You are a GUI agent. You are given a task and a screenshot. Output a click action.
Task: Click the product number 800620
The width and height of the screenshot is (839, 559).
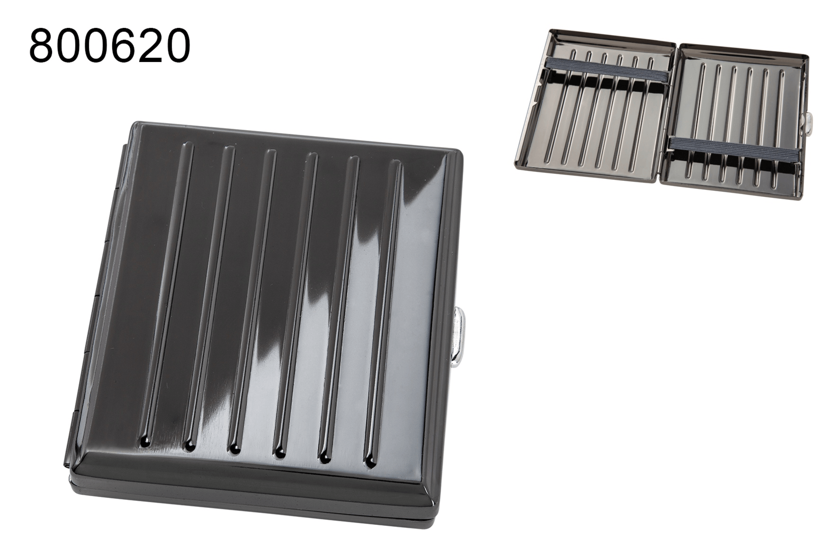click(x=110, y=46)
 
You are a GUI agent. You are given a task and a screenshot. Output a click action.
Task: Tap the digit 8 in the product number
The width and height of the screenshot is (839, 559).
click(x=42, y=46)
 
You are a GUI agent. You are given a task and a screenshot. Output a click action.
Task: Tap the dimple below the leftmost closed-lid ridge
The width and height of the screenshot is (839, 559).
click(x=144, y=445)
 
